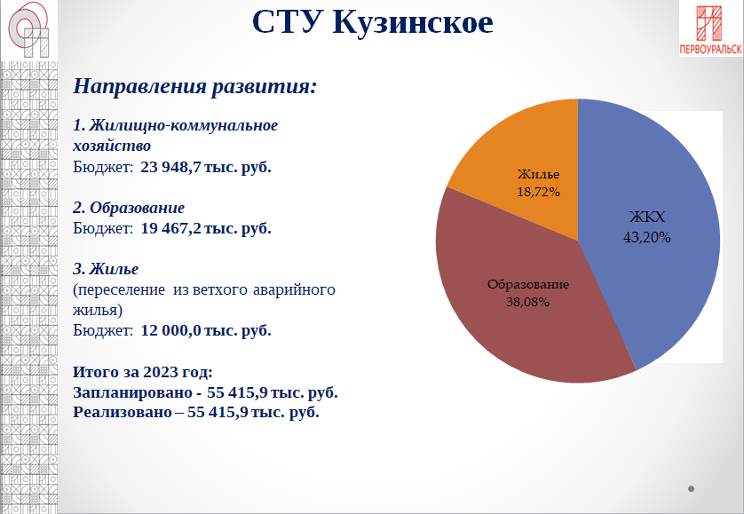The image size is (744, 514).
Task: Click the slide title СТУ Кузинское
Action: pyautogui.click(x=372, y=22)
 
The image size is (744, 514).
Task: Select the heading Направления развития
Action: pyautogui.click(x=194, y=87)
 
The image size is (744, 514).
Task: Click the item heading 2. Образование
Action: pyautogui.click(x=129, y=208)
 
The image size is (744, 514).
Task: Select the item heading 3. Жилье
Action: pyautogui.click(x=106, y=269)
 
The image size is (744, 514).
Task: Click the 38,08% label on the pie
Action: pyautogui.click(x=527, y=301)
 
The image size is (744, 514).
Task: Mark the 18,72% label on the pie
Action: pyautogui.click(x=538, y=191)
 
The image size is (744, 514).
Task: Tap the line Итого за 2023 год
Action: pyautogui.click(x=143, y=372)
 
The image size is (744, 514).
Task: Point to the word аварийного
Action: pyautogui.click(x=293, y=290)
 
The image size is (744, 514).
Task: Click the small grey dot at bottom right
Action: pyautogui.click(x=691, y=488)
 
